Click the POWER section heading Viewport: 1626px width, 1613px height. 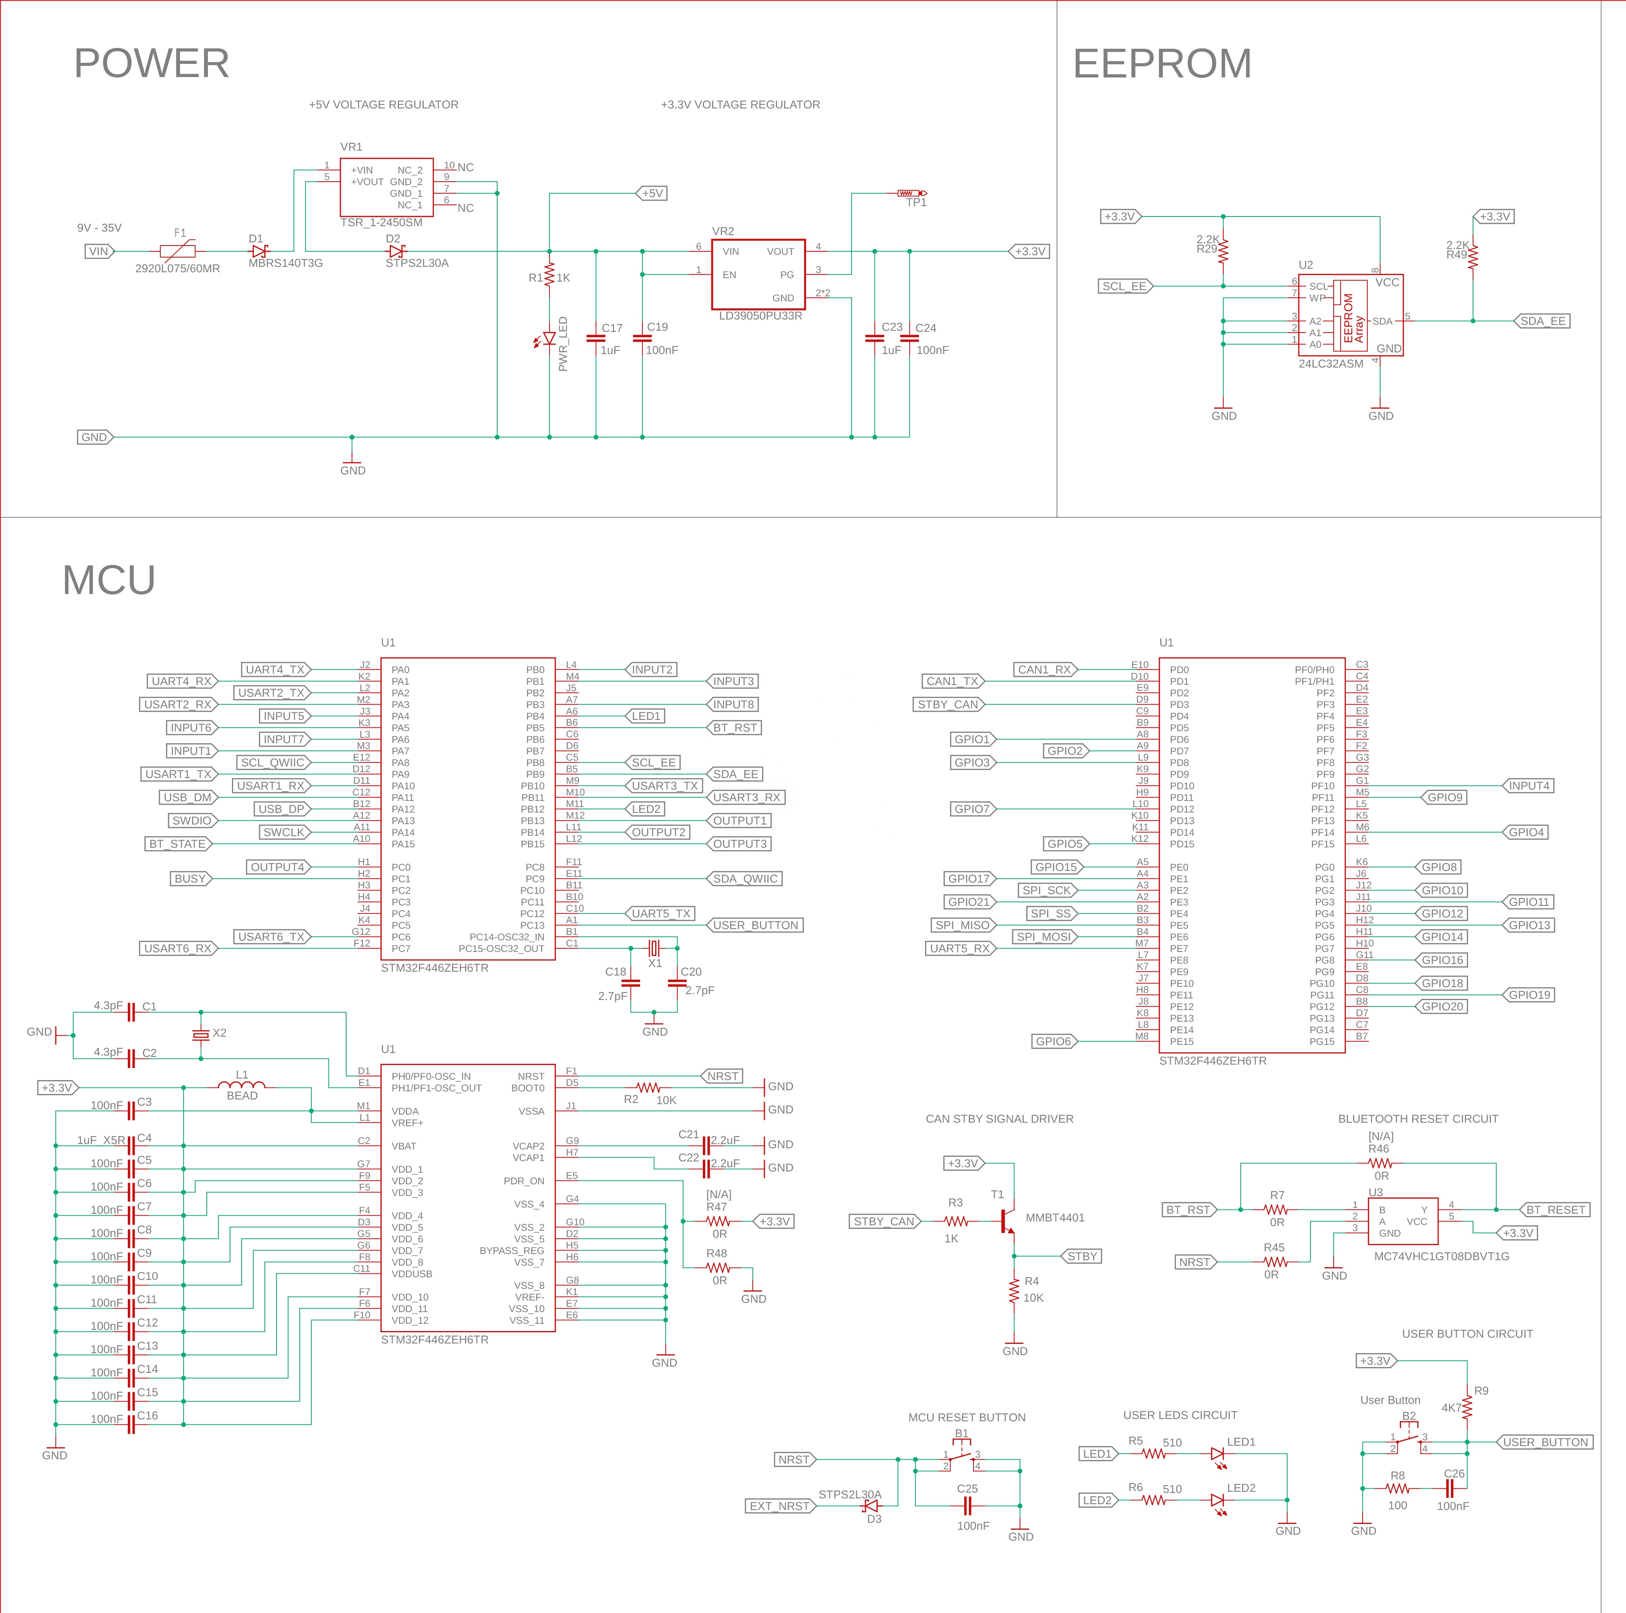click(151, 63)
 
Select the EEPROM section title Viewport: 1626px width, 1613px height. click(1162, 63)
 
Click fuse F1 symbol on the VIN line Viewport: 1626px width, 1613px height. click(178, 251)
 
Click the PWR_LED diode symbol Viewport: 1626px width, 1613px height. click(549, 339)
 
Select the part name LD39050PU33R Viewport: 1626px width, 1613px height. click(760, 316)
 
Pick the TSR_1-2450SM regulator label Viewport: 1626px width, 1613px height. click(381, 222)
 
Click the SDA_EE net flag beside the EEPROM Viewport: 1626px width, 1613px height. click(1542, 321)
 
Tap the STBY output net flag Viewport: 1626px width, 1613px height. click(1081, 1256)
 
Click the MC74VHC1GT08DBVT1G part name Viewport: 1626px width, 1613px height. click(1442, 1256)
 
